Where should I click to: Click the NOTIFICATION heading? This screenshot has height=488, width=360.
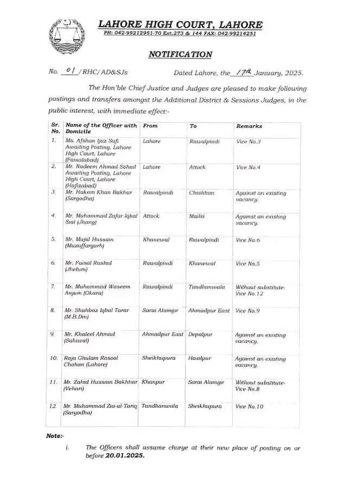click(x=180, y=54)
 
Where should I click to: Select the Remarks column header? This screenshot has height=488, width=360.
click(x=249, y=126)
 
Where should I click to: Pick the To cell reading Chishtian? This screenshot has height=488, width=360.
click(x=202, y=192)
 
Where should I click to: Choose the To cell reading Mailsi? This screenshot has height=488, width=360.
click(x=197, y=216)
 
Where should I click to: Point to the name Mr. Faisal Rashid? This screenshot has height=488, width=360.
click(x=88, y=263)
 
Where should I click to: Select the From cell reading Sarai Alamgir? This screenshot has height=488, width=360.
click(x=161, y=311)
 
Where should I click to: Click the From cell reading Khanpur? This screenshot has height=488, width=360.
click(x=153, y=382)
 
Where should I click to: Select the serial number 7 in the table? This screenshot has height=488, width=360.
click(x=53, y=287)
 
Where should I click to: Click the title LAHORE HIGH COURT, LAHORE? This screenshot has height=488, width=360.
click(x=181, y=24)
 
